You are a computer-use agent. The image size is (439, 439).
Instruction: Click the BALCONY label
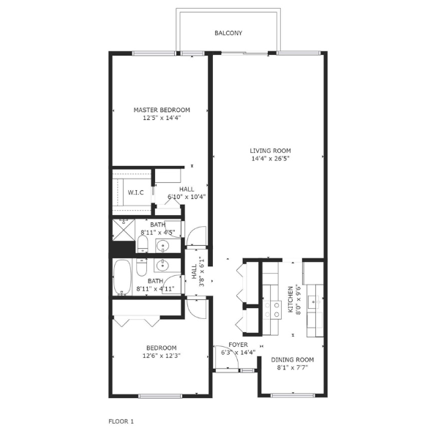coord(228,33)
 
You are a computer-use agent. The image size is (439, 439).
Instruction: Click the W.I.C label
coord(135,192)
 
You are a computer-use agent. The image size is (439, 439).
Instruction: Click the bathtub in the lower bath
coord(123,278)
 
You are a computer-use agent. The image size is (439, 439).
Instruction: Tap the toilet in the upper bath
coord(143,244)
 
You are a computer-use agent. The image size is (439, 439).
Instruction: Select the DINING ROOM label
coord(293,359)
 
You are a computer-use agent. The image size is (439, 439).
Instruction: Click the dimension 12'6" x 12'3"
coord(161,356)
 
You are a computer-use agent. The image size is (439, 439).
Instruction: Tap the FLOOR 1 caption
coord(121,421)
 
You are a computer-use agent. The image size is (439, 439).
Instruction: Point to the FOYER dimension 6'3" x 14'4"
coord(239,352)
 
